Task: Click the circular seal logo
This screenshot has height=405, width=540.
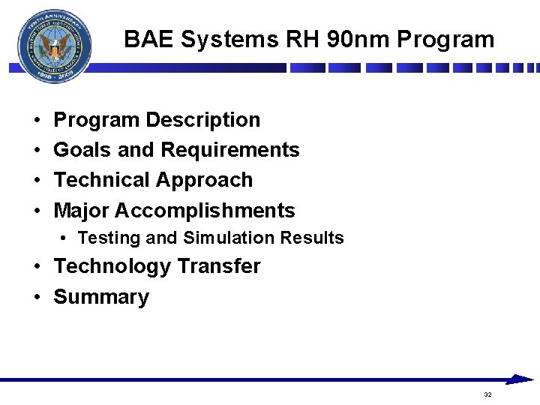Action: (54, 46)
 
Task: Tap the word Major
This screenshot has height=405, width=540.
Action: (81, 211)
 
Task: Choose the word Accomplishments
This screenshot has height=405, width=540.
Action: (205, 211)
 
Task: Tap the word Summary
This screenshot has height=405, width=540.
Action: (101, 297)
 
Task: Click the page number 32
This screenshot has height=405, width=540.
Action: (487, 394)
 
